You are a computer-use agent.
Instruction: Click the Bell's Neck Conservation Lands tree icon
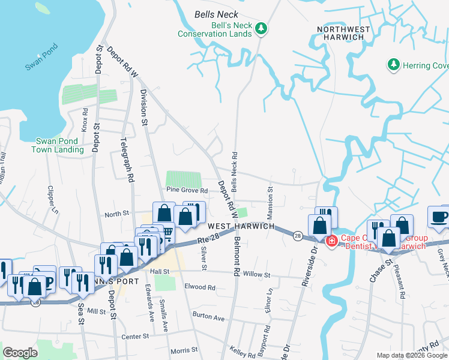261,28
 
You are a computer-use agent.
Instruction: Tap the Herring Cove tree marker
393,64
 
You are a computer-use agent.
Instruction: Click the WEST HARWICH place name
241,226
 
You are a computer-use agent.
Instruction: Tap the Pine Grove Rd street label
187,190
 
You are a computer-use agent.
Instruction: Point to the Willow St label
257,275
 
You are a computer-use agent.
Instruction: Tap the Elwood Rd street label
200,287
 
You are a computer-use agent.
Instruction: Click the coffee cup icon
439,217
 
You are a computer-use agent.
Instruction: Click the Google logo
20,353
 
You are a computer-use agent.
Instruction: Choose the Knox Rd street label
85,119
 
